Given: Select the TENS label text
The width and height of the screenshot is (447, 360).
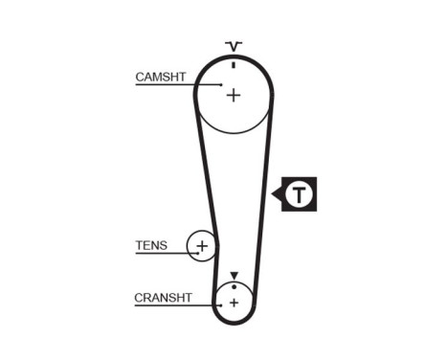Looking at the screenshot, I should coord(151,245).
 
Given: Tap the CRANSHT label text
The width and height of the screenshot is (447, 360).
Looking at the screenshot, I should coord(164,298).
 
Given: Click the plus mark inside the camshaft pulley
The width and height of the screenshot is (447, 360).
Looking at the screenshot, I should coord(234,94).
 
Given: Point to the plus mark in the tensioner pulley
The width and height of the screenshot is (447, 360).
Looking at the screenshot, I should coord(201,247).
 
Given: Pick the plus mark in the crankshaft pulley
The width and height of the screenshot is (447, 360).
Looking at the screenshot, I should coord(233,302).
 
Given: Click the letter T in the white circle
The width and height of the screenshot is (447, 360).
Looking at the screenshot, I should coord(302,195).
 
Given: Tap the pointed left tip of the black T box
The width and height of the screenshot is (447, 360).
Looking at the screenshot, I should coord(274,195).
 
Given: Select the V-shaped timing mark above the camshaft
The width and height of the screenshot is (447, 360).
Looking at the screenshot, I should coord(234,45).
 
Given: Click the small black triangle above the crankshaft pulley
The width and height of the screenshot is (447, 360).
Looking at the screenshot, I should coord(233,276).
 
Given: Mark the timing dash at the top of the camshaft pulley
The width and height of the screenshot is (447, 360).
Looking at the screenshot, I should coord(234,64).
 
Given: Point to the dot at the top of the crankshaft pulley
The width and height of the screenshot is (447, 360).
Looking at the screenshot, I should coord(233,285).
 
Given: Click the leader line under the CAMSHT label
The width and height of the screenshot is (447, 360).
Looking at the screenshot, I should coord(168,85).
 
